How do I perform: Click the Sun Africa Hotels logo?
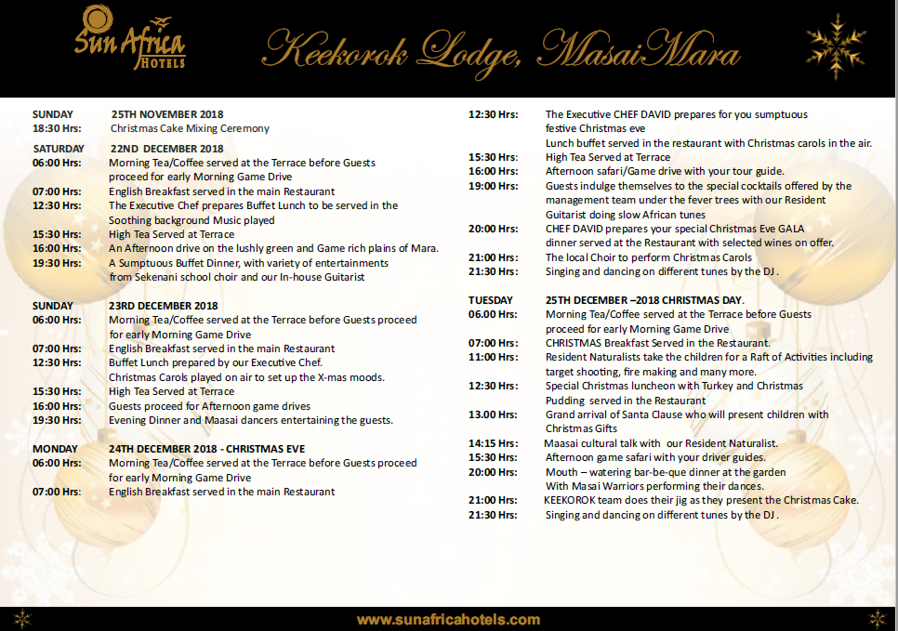coord(129,36)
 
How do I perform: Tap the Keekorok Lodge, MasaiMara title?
coord(502,48)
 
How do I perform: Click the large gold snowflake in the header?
coord(836,46)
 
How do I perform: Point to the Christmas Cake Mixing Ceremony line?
coord(190,128)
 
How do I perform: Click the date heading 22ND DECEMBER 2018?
coord(166,148)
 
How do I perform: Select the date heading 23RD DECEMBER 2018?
coord(164,306)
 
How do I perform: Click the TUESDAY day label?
coord(491,300)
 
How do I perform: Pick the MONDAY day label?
coord(56,449)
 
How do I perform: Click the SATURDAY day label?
coord(59,148)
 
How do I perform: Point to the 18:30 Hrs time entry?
coord(58,128)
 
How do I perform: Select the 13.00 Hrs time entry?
coord(493,414)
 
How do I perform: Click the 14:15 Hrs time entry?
coord(493,443)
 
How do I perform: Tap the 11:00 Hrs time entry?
coord(493,357)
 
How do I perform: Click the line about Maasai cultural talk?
coord(661,443)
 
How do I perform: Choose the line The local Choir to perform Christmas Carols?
coord(649,257)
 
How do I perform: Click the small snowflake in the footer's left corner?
coord(21,619)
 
